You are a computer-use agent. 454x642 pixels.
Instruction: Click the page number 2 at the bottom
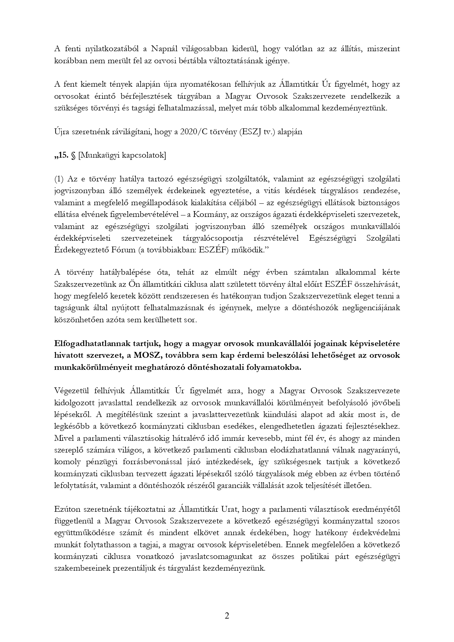pyautogui.click(x=227, y=616)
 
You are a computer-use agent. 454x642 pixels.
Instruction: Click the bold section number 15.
pyautogui.click(x=62, y=155)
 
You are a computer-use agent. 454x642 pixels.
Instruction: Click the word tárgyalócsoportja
pyautogui.click(x=213, y=239)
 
